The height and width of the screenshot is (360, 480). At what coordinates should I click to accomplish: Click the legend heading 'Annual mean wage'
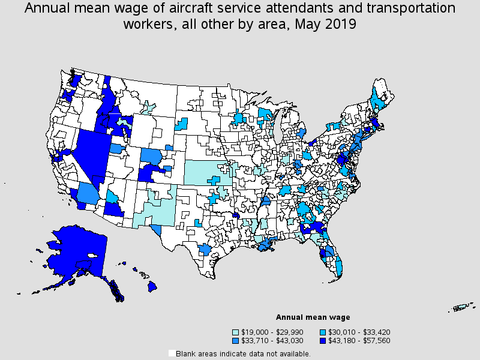coord(313,317)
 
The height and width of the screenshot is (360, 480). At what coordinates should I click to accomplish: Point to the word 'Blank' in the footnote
coord(188,353)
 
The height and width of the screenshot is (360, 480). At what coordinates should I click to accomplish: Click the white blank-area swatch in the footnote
coord(172,353)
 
